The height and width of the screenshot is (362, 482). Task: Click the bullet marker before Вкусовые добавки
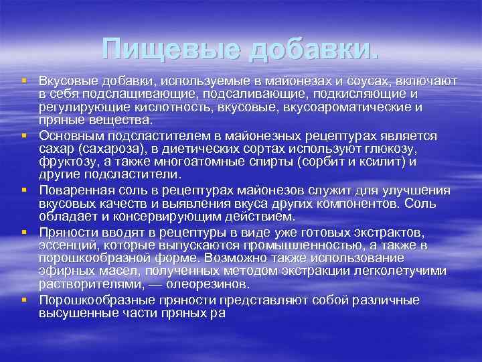coord(25,80)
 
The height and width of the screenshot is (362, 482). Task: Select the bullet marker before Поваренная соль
coord(25,190)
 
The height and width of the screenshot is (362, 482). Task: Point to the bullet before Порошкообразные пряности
coord(25,300)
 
